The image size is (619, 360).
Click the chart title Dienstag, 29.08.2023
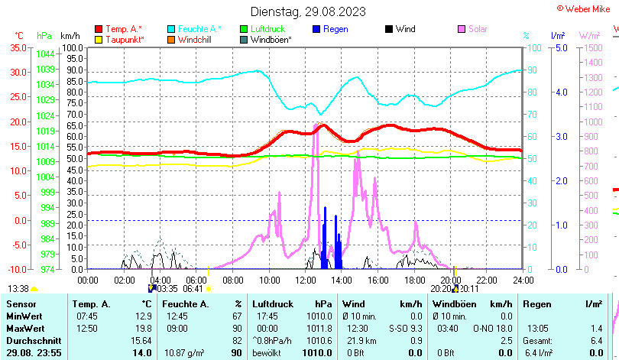308,11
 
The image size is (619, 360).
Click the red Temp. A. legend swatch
98,29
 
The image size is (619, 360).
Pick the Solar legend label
478,29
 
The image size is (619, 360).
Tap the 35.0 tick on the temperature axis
18,47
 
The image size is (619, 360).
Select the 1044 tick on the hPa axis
45,54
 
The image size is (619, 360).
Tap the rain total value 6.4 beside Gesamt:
596,340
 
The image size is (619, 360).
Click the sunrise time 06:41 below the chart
193,289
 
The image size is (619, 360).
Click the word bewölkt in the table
267,352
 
